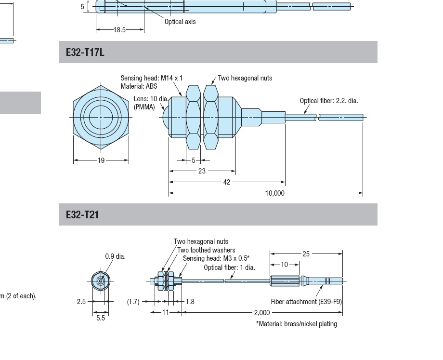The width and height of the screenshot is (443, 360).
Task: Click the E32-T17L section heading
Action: (x=85, y=52)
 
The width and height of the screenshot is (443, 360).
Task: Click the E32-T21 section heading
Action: (x=82, y=214)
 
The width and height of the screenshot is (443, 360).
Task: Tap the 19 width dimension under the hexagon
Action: (x=101, y=160)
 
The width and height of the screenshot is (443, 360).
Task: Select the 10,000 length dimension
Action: (x=275, y=193)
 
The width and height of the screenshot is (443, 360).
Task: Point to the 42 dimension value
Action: (x=227, y=182)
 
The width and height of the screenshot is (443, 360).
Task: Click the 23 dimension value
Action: (x=202, y=171)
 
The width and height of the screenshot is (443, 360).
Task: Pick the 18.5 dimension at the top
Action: (x=119, y=30)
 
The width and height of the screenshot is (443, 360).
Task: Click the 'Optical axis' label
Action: (x=180, y=22)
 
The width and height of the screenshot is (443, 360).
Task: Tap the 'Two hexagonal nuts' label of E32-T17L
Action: (x=245, y=78)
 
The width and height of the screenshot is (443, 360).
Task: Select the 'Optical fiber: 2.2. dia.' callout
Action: (x=329, y=101)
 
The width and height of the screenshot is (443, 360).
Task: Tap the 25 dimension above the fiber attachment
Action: (x=306, y=253)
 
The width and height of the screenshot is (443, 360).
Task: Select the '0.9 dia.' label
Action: (x=115, y=256)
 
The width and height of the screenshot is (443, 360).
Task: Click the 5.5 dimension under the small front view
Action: (x=100, y=319)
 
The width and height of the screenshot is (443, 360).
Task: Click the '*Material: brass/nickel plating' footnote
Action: (x=296, y=324)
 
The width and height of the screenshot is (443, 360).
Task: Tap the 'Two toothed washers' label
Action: (x=206, y=250)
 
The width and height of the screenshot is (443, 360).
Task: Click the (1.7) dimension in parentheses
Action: (x=133, y=302)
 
